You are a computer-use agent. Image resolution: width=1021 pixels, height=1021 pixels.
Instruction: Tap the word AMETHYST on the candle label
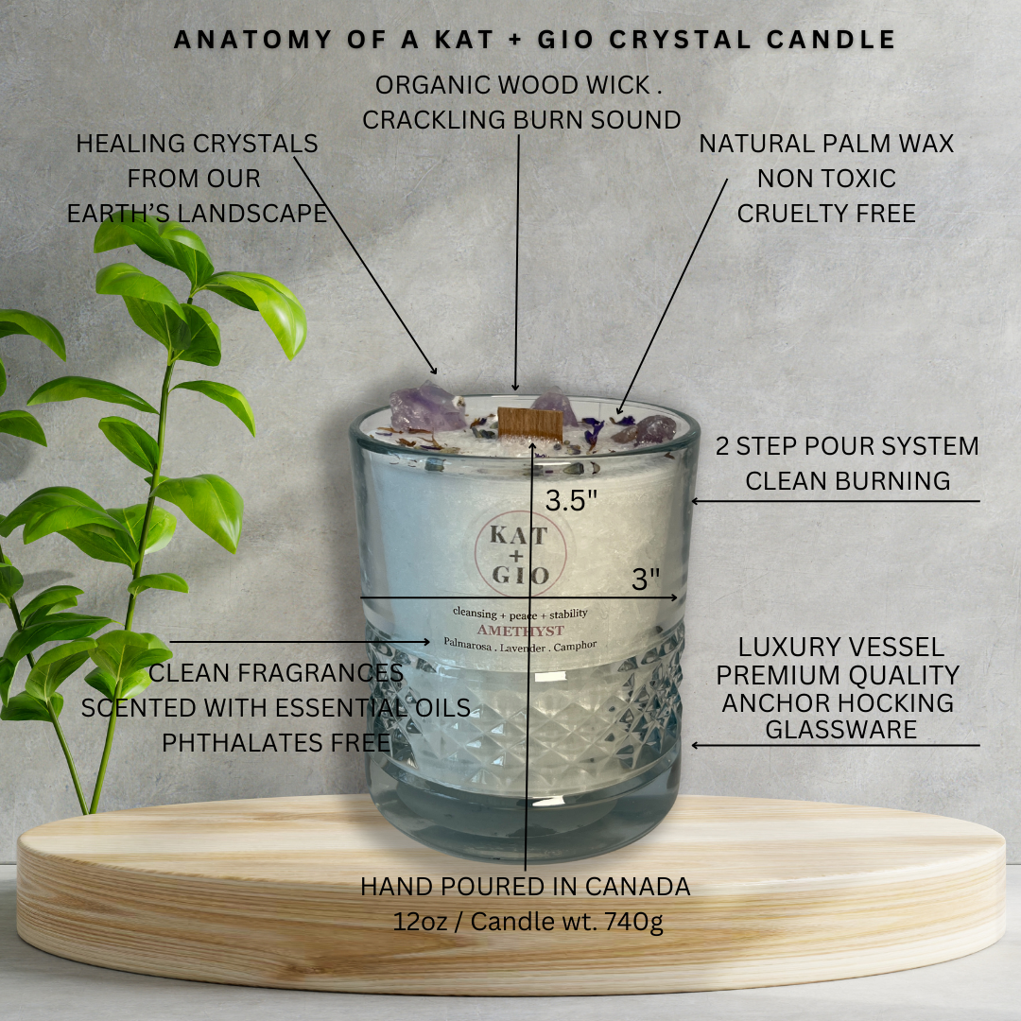tap(521, 631)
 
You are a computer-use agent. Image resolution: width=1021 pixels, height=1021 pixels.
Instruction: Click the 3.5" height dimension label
tap(571, 501)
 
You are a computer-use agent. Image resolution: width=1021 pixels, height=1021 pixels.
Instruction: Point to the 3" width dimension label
tap(646, 579)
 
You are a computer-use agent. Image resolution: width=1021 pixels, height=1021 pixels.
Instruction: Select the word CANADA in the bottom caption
tap(637, 886)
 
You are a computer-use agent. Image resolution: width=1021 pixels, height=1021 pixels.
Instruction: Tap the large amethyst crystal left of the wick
tap(426, 407)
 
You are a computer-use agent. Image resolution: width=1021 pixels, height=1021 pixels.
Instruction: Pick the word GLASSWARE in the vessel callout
tap(840, 729)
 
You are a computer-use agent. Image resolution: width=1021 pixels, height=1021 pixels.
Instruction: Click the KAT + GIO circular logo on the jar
tap(520, 553)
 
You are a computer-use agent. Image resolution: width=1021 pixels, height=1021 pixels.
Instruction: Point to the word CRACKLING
tap(434, 120)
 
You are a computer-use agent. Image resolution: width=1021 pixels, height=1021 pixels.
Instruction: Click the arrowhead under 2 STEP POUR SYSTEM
tap(695, 501)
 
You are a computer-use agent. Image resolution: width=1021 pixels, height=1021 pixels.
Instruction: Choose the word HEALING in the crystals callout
tap(130, 144)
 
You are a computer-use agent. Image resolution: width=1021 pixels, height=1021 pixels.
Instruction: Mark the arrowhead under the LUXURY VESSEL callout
tap(696, 745)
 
